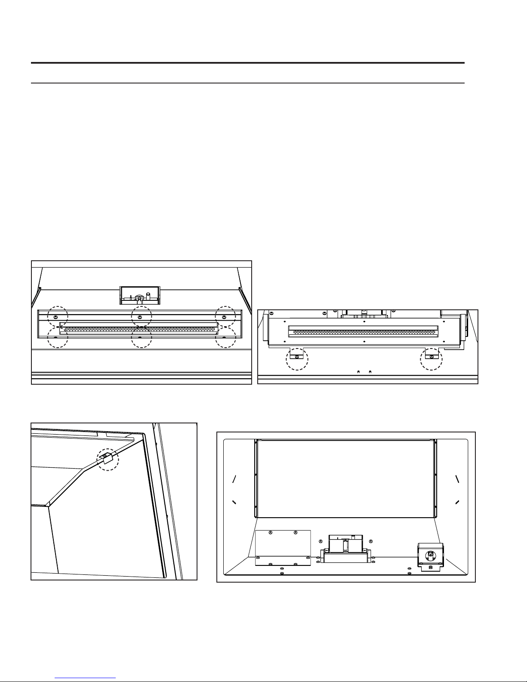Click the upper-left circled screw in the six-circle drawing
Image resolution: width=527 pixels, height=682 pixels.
tap(56, 316)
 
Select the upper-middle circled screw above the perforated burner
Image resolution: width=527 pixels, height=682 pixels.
tap(140, 316)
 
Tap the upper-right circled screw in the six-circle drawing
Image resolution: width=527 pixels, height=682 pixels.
tap(224, 316)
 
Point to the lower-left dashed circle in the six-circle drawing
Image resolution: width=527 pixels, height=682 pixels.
tap(58, 337)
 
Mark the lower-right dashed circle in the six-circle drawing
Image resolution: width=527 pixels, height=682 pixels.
tap(225, 337)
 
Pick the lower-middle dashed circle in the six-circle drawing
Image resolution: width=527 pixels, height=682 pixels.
tap(142, 337)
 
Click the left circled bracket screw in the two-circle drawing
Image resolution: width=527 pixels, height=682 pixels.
tap(296, 357)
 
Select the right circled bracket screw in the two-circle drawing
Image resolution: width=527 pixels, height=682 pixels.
tap(431, 357)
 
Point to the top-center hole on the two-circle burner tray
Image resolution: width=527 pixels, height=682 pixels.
tap(365, 321)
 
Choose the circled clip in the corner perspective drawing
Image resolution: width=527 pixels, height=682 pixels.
tap(107, 458)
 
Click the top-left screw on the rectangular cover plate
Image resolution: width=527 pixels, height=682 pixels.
tap(270, 533)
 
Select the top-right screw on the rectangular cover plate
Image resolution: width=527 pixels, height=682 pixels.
tap(295, 533)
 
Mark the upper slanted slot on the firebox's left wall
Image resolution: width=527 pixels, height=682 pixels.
tap(234, 478)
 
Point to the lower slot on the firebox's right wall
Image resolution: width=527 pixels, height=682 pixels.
tap(457, 502)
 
